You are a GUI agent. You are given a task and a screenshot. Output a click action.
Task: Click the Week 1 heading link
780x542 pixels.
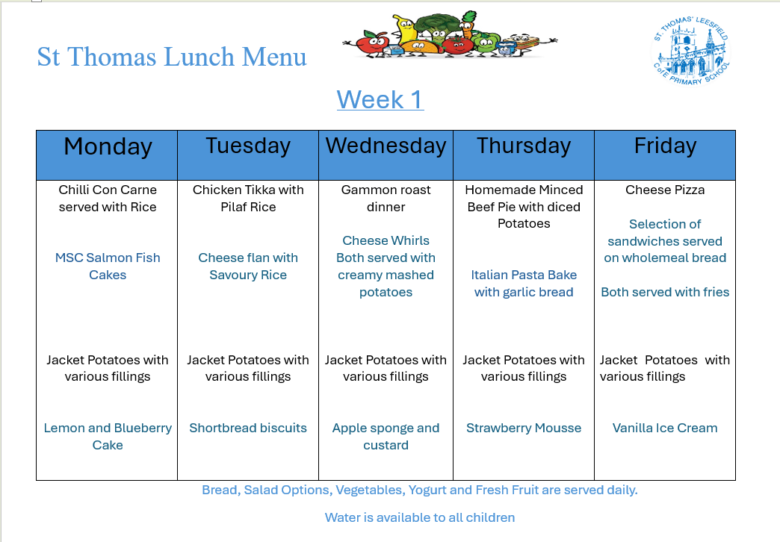(380, 99)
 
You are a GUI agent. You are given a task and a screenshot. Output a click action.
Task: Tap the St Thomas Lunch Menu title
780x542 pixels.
(172, 57)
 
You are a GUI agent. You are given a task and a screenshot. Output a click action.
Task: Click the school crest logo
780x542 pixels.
(691, 51)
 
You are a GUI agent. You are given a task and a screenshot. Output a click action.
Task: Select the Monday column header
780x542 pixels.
(108, 146)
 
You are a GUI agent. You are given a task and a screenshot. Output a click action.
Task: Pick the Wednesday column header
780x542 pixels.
(386, 146)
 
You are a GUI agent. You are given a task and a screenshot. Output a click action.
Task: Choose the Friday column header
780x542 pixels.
(665, 146)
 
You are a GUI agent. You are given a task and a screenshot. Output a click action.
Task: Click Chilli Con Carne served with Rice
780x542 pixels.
(108, 198)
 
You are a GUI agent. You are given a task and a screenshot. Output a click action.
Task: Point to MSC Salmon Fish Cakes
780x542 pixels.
(108, 266)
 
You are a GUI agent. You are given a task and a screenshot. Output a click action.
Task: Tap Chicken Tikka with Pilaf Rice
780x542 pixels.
(248, 198)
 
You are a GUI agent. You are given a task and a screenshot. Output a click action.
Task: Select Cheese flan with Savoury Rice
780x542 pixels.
(248, 266)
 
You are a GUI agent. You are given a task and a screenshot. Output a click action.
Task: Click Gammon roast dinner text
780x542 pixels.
(386, 198)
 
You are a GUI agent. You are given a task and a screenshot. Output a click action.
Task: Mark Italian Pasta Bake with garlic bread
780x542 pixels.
(524, 284)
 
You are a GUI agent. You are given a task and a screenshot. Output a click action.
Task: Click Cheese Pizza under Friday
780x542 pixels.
(665, 190)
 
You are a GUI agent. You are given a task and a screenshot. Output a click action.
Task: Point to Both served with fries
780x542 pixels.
(665, 292)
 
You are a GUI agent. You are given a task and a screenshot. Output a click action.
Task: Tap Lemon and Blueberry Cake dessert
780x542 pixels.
(108, 436)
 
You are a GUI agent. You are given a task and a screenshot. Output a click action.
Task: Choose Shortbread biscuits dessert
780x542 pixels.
(248, 428)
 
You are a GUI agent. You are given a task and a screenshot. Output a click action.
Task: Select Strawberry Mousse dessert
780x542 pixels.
(524, 428)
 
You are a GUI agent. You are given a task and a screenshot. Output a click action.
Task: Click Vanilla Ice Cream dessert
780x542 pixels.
(665, 428)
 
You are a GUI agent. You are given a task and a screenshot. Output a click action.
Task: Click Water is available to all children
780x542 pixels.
(420, 517)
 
